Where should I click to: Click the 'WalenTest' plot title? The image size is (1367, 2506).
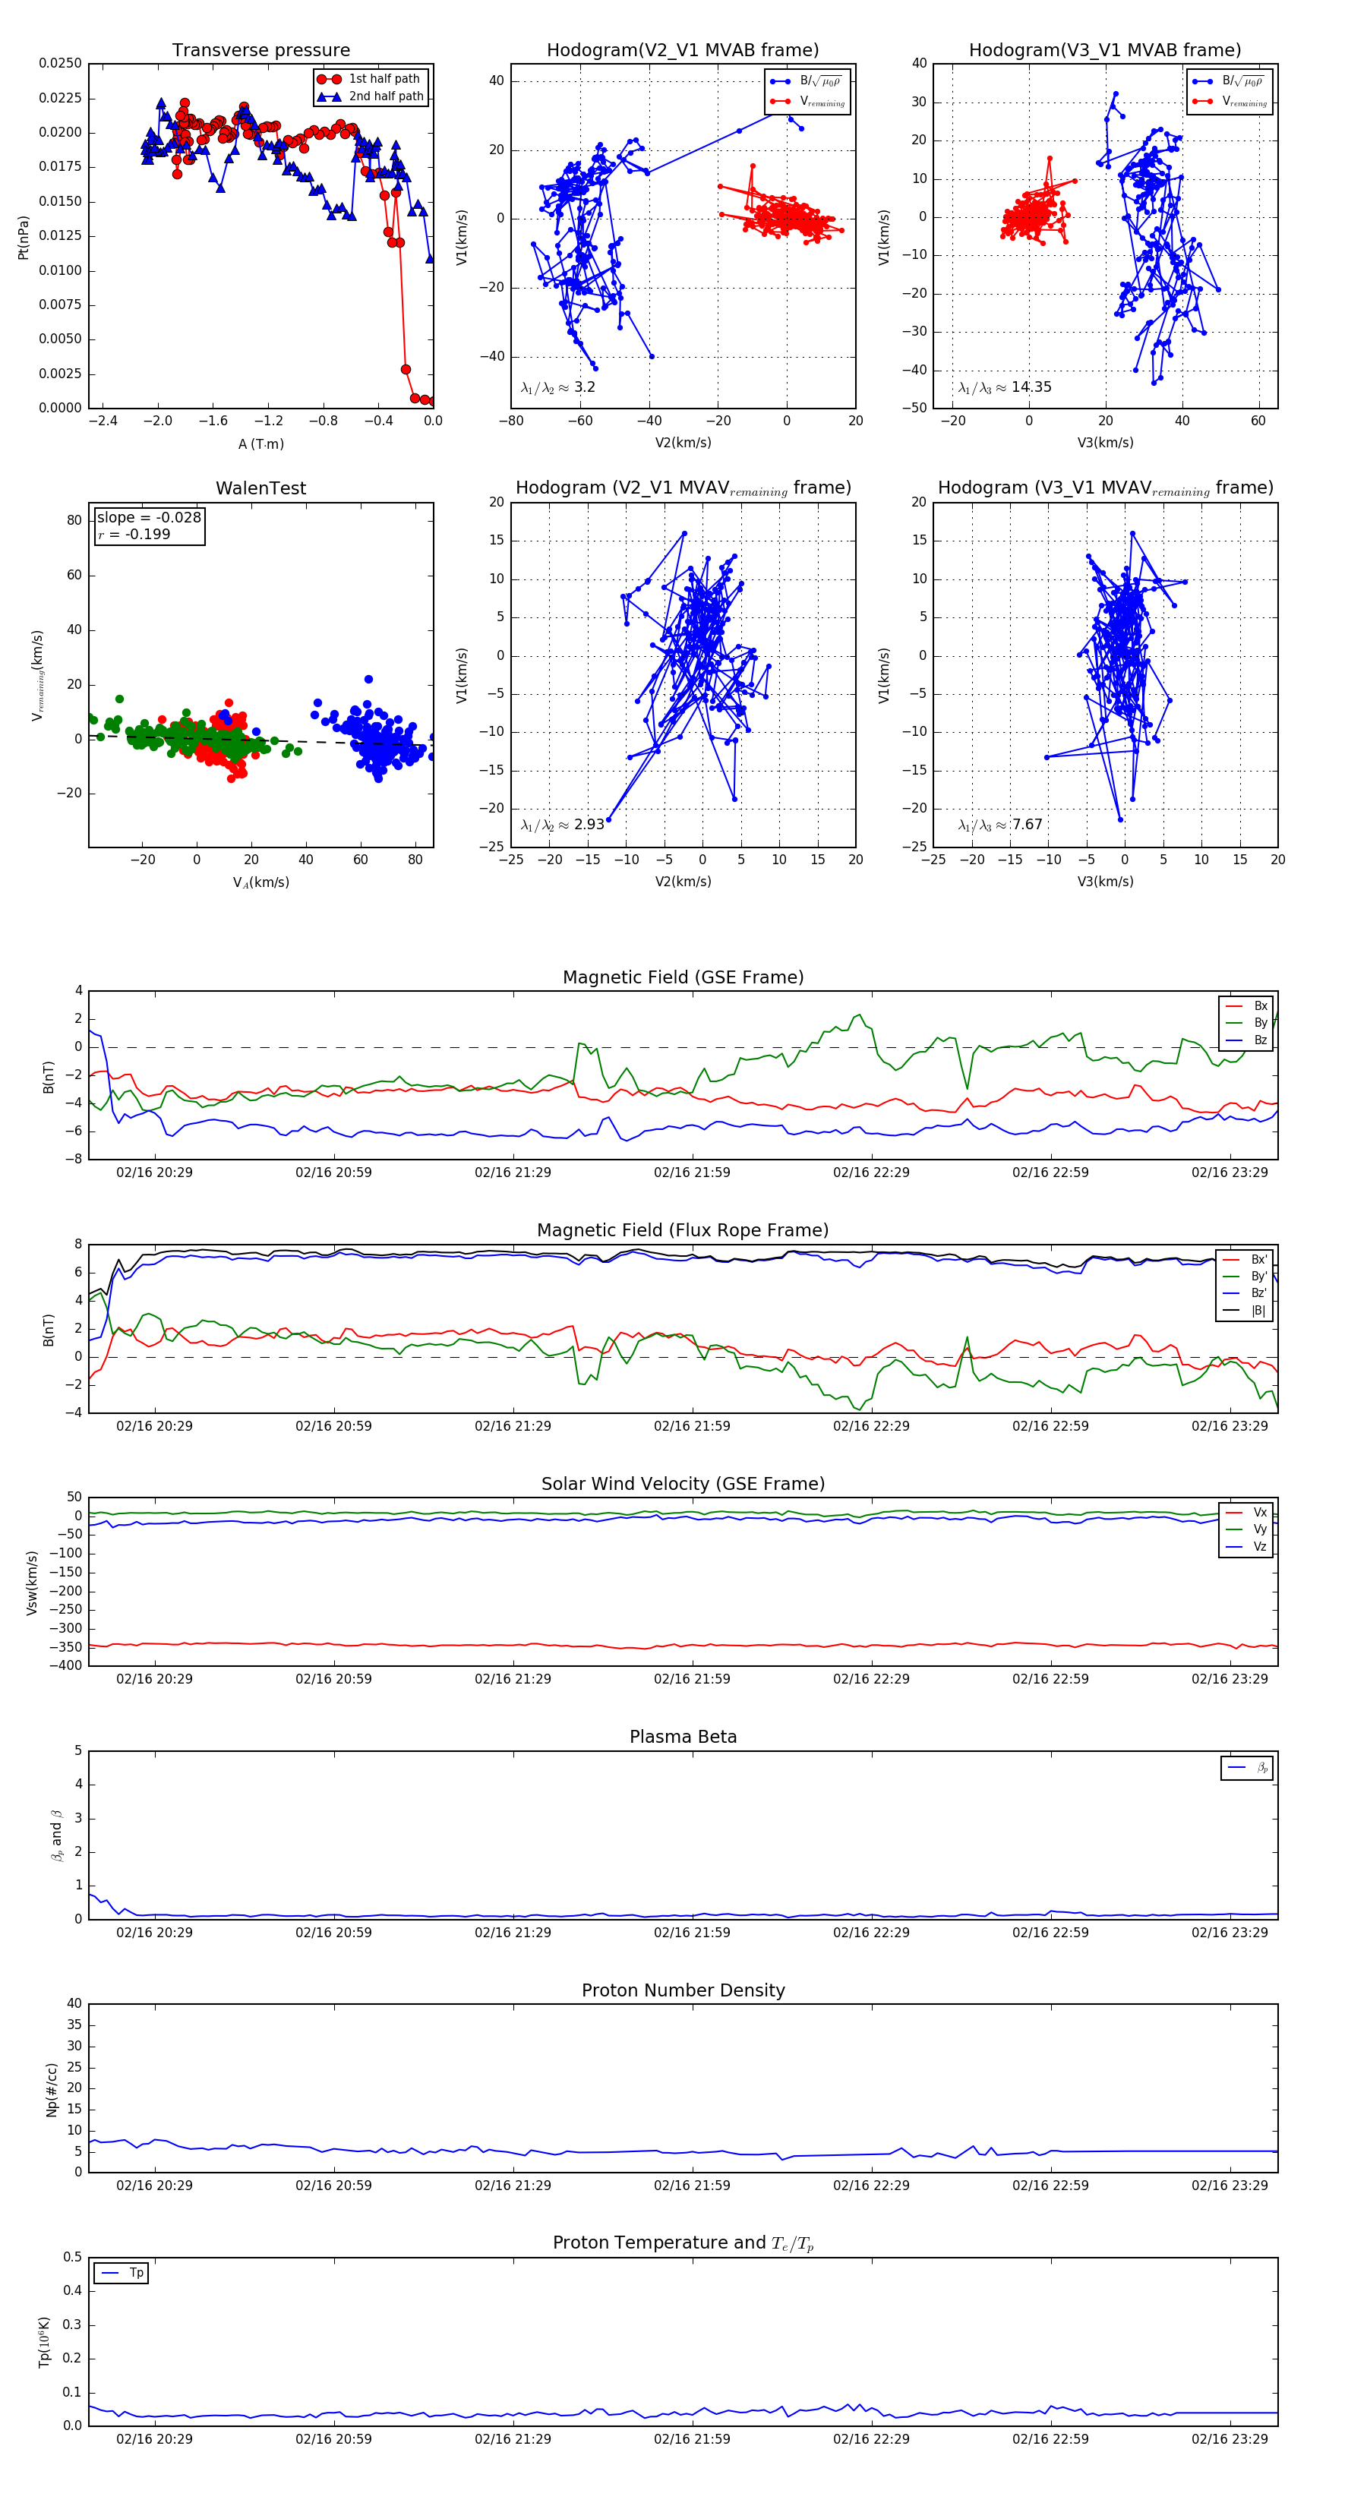pyautogui.click(x=260, y=488)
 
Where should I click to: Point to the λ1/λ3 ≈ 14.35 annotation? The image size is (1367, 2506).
pyautogui.click(x=1004, y=387)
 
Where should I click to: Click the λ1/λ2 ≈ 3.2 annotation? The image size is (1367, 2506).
pyautogui.click(x=557, y=387)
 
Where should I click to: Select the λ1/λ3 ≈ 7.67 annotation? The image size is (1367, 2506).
pyautogui.click(x=999, y=825)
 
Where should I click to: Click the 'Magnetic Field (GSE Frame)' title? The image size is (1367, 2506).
pyautogui.click(x=683, y=977)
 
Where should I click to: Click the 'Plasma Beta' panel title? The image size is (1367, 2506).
pyautogui.click(x=683, y=1737)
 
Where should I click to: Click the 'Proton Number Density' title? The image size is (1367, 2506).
pyautogui.click(x=683, y=1990)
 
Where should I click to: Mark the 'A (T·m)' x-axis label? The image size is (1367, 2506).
pyautogui.click(x=260, y=444)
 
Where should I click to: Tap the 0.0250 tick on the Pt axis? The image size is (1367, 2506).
pyautogui.click(x=60, y=63)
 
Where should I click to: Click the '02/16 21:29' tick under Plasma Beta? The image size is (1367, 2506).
pyautogui.click(x=513, y=1933)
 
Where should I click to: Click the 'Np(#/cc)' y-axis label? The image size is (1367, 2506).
pyautogui.click(x=52, y=2088)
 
